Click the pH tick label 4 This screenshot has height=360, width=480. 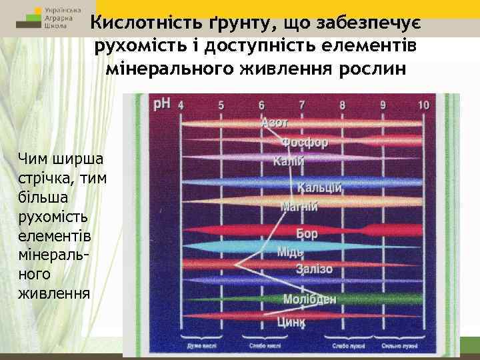point(181,105)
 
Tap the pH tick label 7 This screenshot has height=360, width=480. point(302,105)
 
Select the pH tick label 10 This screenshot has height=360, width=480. point(423,105)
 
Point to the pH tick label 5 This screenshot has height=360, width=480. point(221,105)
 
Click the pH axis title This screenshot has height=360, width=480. point(161,104)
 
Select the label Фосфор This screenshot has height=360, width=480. point(304,143)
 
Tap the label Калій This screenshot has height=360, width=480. point(288,162)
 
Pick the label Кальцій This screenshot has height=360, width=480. point(319,188)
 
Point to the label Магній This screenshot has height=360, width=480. point(298,206)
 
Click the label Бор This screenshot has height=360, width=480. point(307,234)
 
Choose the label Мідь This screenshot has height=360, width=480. point(290,252)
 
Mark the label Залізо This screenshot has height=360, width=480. point(315,269)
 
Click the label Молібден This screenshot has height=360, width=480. point(309,299)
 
